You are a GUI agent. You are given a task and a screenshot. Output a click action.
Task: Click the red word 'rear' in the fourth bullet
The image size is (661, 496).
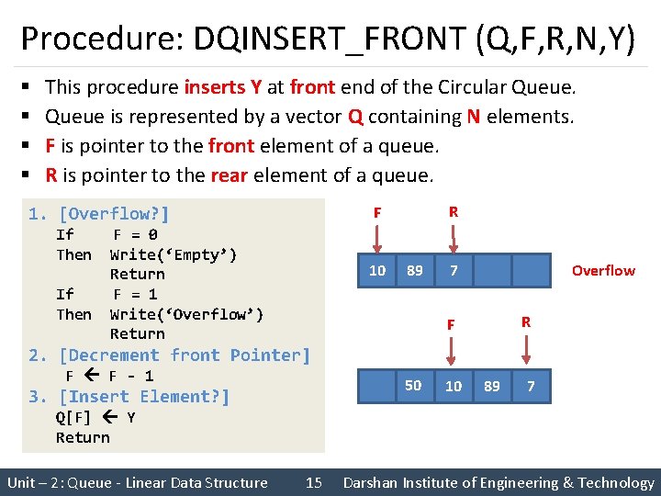pyautogui.click(x=230, y=175)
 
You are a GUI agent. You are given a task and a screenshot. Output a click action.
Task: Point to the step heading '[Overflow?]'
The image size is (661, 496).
pyautogui.click(x=114, y=214)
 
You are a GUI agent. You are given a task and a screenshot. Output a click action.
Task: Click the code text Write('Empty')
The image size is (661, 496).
pyautogui.click(x=174, y=254)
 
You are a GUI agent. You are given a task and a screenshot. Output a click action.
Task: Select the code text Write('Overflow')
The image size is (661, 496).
pyautogui.click(x=186, y=314)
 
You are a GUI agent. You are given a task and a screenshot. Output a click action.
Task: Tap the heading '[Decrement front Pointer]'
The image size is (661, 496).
pyautogui.click(x=185, y=355)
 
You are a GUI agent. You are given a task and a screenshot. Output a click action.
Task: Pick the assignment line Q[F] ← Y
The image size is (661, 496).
pyautogui.click(x=95, y=417)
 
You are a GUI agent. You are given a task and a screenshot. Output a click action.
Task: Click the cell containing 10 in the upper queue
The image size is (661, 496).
pyautogui.click(x=376, y=270)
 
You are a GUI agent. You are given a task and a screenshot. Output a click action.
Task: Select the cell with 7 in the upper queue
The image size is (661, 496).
pyautogui.click(x=454, y=270)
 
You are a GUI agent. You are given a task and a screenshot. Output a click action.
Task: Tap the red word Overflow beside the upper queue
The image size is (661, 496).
pyautogui.click(x=602, y=270)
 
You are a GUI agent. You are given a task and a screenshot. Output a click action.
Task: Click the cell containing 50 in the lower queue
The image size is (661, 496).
pyautogui.click(x=414, y=386)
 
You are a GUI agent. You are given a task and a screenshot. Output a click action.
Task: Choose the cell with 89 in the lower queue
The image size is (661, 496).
pyautogui.click(x=491, y=386)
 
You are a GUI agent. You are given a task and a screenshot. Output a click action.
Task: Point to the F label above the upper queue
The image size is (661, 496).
pyautogui.click(x=376, y=213)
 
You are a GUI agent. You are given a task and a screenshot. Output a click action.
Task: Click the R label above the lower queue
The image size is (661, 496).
pyautogui.click(x=526, y=322)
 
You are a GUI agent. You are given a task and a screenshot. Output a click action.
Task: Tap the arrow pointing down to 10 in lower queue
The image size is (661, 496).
pyautogui.click(x=452, y=352)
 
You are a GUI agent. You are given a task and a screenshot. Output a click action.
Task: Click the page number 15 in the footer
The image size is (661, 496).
pyautogui.click(x=314, y=482)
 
